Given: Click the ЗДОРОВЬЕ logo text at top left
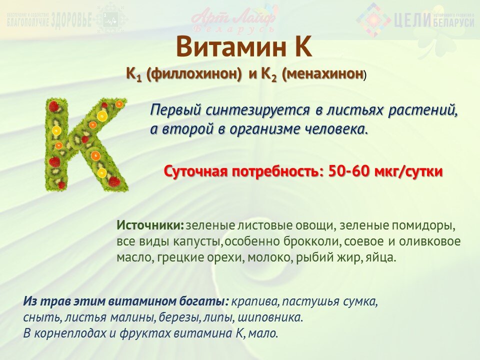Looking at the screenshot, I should click(x=72, y=21).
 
